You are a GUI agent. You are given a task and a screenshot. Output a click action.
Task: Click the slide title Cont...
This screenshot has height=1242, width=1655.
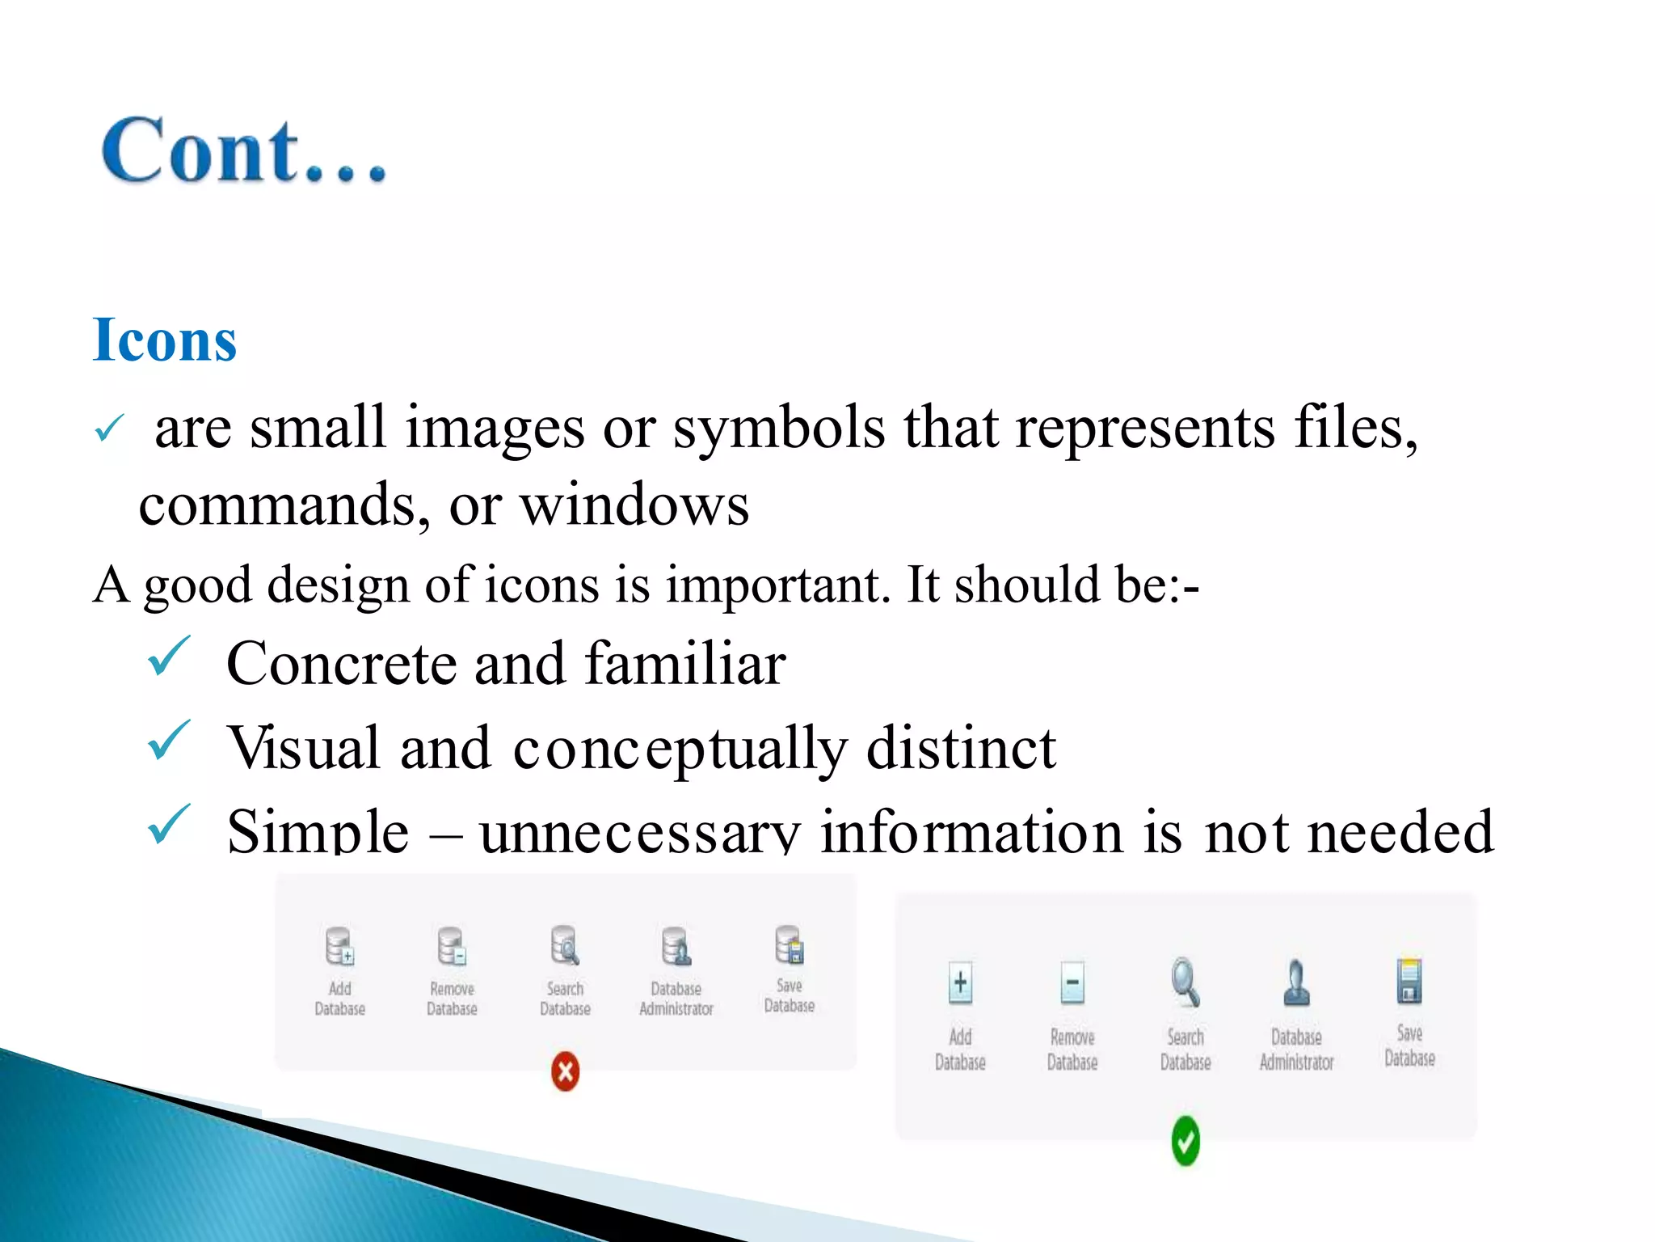point(242,151)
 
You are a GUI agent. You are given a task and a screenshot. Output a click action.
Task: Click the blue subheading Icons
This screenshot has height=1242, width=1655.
point(165,340)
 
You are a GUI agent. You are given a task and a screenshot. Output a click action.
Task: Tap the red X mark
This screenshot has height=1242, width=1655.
point(565,1071)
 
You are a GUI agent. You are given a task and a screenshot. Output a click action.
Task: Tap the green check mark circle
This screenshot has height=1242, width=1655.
point(1185,1141)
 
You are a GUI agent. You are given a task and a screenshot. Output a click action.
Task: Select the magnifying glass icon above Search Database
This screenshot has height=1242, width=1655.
point(1185,982)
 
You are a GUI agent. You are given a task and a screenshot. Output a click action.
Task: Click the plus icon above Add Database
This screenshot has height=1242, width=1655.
point(960,983)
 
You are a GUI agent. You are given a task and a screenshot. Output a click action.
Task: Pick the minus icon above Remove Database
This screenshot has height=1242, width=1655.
point(1072,983)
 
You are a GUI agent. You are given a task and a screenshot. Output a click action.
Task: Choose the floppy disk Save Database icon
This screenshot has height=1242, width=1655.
point(1409,980)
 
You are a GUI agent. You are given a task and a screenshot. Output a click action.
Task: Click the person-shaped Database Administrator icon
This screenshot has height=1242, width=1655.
point(1296,982)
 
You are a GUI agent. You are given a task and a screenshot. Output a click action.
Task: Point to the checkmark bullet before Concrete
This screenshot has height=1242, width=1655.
point(169,656)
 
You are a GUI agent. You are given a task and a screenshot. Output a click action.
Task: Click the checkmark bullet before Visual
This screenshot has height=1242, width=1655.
point(169,740)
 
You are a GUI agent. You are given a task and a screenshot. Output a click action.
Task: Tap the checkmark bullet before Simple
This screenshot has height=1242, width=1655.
point(169,824)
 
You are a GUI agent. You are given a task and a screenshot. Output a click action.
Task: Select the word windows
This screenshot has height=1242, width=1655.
point(634,506)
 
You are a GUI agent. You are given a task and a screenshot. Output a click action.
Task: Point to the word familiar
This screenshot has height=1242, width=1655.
point(684,664)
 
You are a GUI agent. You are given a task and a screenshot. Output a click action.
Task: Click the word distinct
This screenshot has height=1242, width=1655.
point(961,748)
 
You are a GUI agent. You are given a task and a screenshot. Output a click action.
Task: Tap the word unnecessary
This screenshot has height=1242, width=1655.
point(639,832)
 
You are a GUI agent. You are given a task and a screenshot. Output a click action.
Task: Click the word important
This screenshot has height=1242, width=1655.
point(777,585)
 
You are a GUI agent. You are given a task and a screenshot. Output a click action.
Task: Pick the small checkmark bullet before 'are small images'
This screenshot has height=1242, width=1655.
point(108,428)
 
